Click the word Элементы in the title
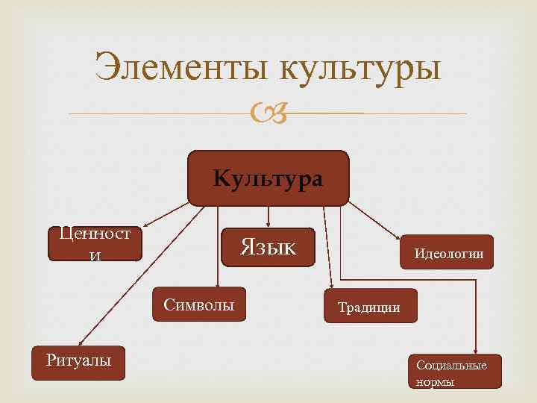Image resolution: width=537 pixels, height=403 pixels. (182, 69)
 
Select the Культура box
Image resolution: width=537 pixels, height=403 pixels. (268, 178)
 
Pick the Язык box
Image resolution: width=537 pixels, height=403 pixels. (268, 246)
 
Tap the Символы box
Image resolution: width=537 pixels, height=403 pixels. (199, 304)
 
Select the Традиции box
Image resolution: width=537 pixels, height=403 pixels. (371, 305)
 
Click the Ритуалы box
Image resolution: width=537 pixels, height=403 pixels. (78, 363)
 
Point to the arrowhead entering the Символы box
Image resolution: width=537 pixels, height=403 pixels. (217, 284)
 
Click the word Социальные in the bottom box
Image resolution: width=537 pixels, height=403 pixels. (452, 365)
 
